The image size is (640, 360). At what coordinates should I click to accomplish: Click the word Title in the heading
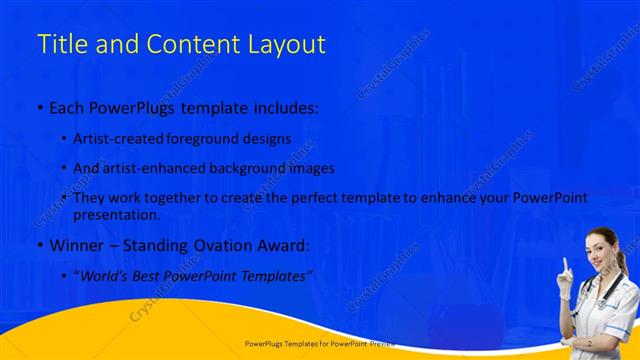59,44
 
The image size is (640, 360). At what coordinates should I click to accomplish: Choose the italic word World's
108,274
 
